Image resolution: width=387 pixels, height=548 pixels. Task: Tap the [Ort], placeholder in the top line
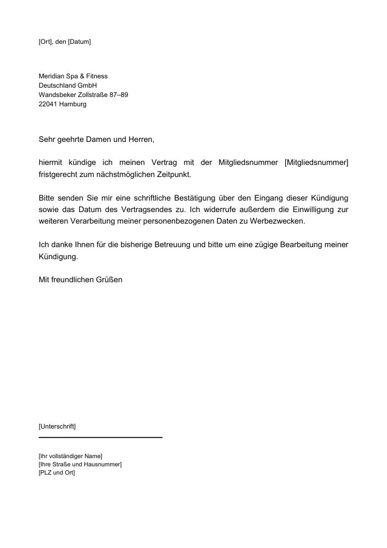[46, 42]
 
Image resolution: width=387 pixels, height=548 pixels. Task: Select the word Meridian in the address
[51, 76]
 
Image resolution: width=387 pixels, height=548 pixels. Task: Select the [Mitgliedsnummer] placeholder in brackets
[317, 163]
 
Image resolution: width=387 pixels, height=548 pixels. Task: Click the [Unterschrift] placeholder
[57, 426]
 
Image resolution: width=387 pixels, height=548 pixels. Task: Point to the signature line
[101, 437]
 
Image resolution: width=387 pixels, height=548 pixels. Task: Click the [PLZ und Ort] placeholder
[57, 472]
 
